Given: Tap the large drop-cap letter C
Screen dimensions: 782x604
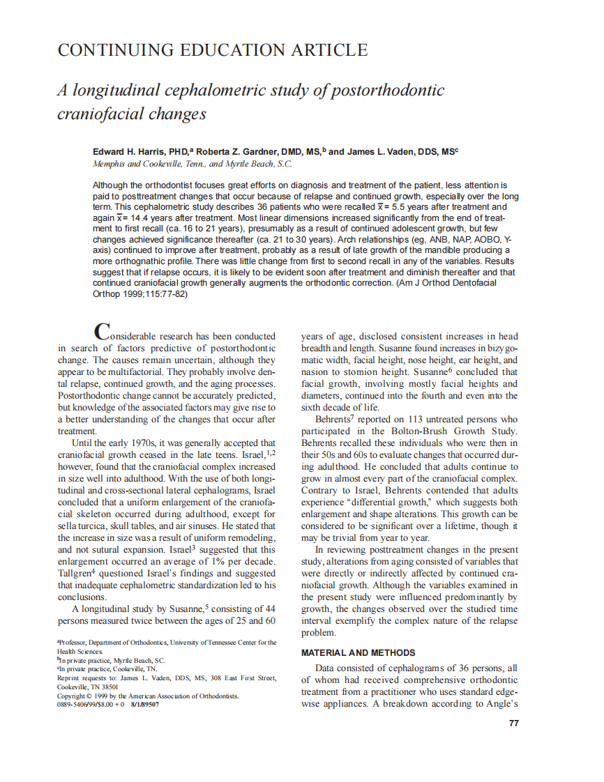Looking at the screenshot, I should coord(102,330).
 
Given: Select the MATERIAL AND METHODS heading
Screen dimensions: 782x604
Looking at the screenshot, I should coord(358,653).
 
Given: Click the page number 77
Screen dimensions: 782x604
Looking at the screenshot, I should coord(513,723).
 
